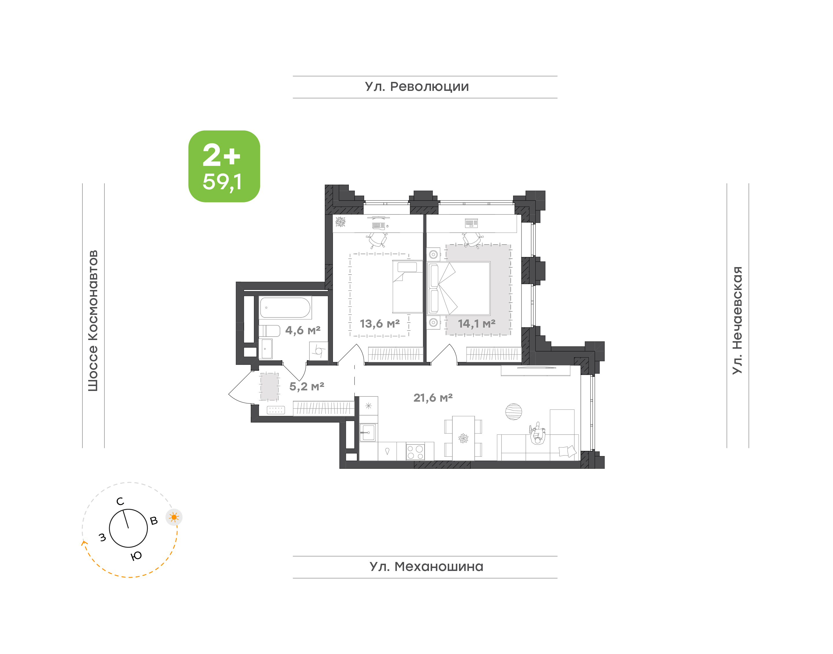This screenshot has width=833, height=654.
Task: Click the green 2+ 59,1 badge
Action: [x=224, y=166]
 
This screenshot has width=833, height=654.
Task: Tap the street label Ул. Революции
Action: [x=417, y=87]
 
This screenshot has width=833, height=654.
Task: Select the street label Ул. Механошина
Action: [x=426, y=566]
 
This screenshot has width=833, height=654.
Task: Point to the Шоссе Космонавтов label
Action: [x=93, y=321]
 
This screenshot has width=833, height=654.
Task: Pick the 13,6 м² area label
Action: [x=379, y=324]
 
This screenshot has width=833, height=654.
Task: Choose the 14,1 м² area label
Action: [x=477, y=324]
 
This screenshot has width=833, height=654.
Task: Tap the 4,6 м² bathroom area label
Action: [x=303, y=330]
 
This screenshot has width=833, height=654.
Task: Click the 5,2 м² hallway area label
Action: [x=307, y=386]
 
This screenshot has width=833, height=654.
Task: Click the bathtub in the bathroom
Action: [x=285, y=308]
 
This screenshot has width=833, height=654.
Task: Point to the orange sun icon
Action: [x=174, y=517]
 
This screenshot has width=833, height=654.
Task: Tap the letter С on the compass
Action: [x=120, y=501]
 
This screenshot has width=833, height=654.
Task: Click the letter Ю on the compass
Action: [x=136, y=556]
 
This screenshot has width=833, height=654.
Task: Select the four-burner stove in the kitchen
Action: [x=415, y=451]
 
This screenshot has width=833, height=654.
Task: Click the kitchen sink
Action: [x=368, y=433]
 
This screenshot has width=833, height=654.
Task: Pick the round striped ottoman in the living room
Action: [x=513, y=411]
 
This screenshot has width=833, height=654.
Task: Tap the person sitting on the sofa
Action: [x=538, y=434]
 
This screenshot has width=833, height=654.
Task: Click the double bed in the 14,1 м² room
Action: [x=459, y=289]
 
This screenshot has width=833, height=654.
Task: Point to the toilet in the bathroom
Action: [x=269, y=330]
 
